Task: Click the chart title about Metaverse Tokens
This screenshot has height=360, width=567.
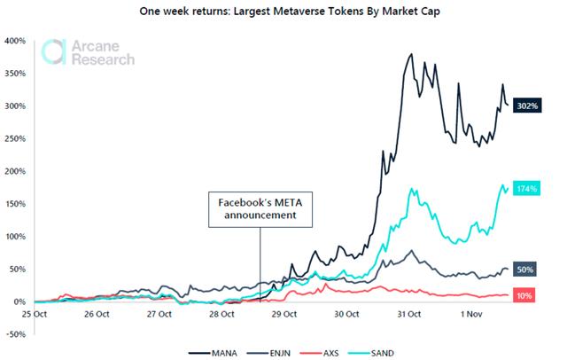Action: point(283,12)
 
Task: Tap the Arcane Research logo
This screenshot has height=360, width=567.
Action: point(88,52)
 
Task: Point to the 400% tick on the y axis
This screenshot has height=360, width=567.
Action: point(14,41)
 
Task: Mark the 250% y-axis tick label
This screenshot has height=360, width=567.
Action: point(14,138)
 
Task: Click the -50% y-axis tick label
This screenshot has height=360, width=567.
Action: point(14,334)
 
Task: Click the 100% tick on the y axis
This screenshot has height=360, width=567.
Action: point(14,237)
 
